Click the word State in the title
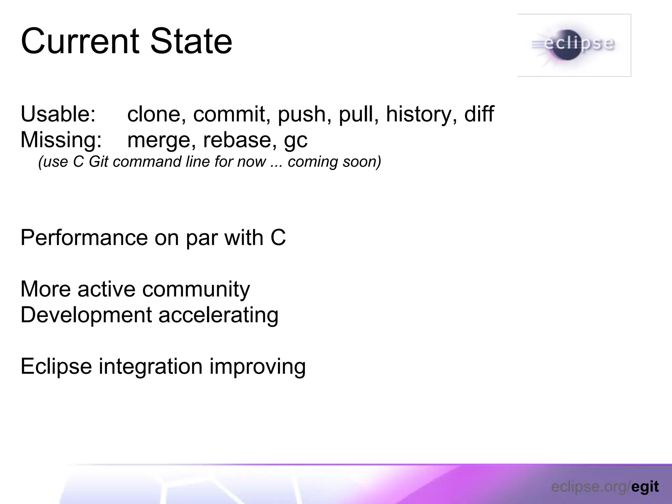click(x=191, y=42)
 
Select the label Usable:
click(x=58, y=114)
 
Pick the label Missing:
click(x=61, y=140)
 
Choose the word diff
click(x=479, y=114)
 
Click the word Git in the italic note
click(x=98, y=162)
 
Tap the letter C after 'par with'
click(x=278, y=238)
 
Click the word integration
click(x=151, y=367)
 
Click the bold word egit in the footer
click(x=645, y=487)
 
